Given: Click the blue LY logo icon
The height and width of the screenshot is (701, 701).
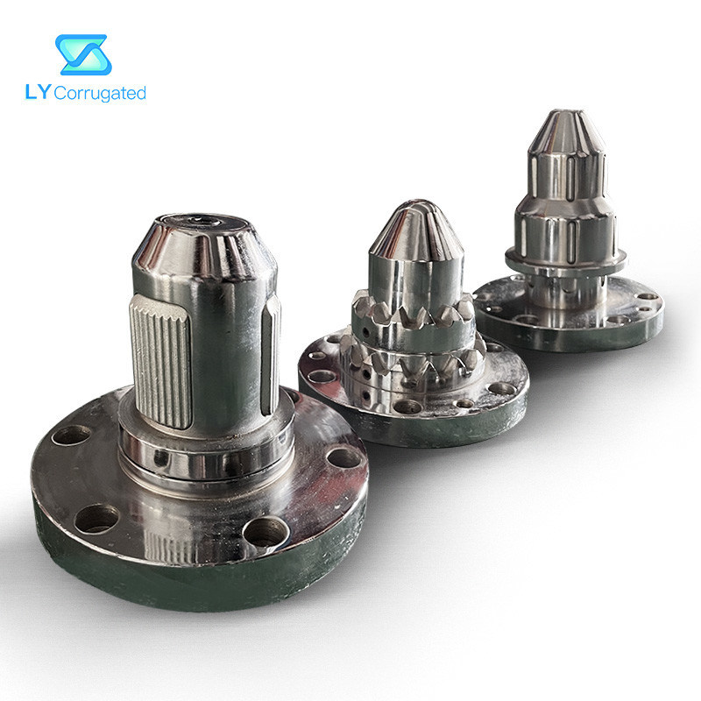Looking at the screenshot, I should click(82, 54).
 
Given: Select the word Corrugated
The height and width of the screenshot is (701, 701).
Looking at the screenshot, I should click(100, 93).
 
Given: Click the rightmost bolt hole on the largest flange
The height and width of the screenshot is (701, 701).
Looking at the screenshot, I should click(343, 457).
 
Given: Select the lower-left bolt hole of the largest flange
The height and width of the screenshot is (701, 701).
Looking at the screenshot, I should click(96, 518).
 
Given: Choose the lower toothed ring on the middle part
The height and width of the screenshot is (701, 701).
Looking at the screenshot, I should click(412, 361).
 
